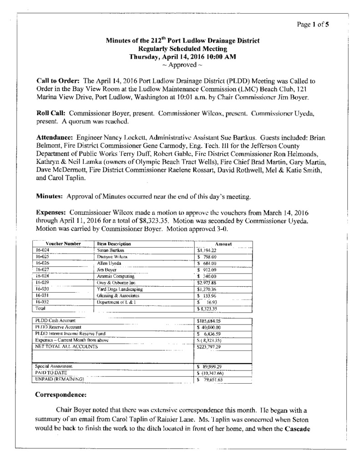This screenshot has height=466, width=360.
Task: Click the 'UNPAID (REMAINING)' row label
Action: click(x=60, y=379)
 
